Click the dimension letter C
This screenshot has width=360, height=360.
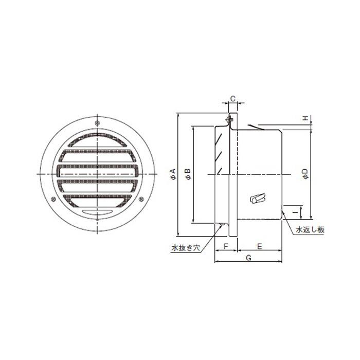pyautogui.click(x=233, y=99)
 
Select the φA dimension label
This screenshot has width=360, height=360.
pyautogui.click(x=173, y=174)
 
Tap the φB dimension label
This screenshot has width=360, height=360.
pyautogui.click(x=188, y=174)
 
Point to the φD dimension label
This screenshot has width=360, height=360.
pyautogui.click(x=305, y=174)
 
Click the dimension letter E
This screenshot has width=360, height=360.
pyautogui.click(x=259, y=246)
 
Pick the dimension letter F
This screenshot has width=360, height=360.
pyautogui.click(x=226, y=246)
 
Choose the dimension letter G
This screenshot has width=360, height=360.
pyautogui.click(x=248, y=258)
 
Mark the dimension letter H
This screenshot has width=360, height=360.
pyautogui.click(x=305, y=118)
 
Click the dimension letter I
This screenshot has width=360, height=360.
pyautogui.click(x=296, y=212)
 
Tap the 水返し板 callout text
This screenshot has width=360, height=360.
pyautogui.click(x=310, y=230)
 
